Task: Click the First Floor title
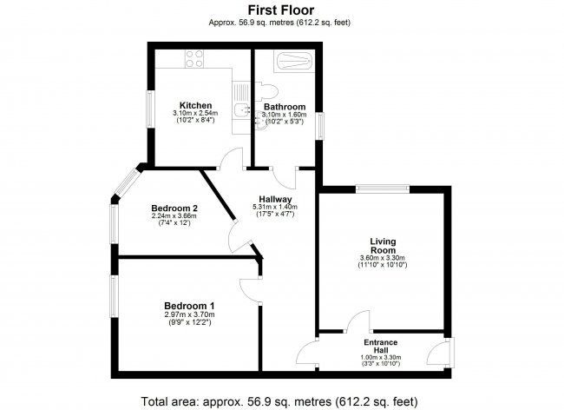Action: [281, 10]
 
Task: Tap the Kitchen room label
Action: [196, 105]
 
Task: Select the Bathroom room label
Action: [285, 107]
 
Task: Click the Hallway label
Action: [276, 200]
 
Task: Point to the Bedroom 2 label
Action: [174, 208]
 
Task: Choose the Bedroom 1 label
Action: [189, 306]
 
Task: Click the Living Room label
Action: [383, 246]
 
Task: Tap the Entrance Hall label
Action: [381, 347]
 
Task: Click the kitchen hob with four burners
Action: [194, 59]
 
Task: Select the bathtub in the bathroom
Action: [294, 61]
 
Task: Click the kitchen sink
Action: [242, 109]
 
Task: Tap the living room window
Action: [383, 189]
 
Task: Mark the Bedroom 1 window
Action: [114, 296]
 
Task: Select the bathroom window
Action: [319, 126]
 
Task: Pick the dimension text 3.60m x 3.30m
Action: [383, 258]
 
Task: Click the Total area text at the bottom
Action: [279, 401]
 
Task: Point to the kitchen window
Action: [150, 109]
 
